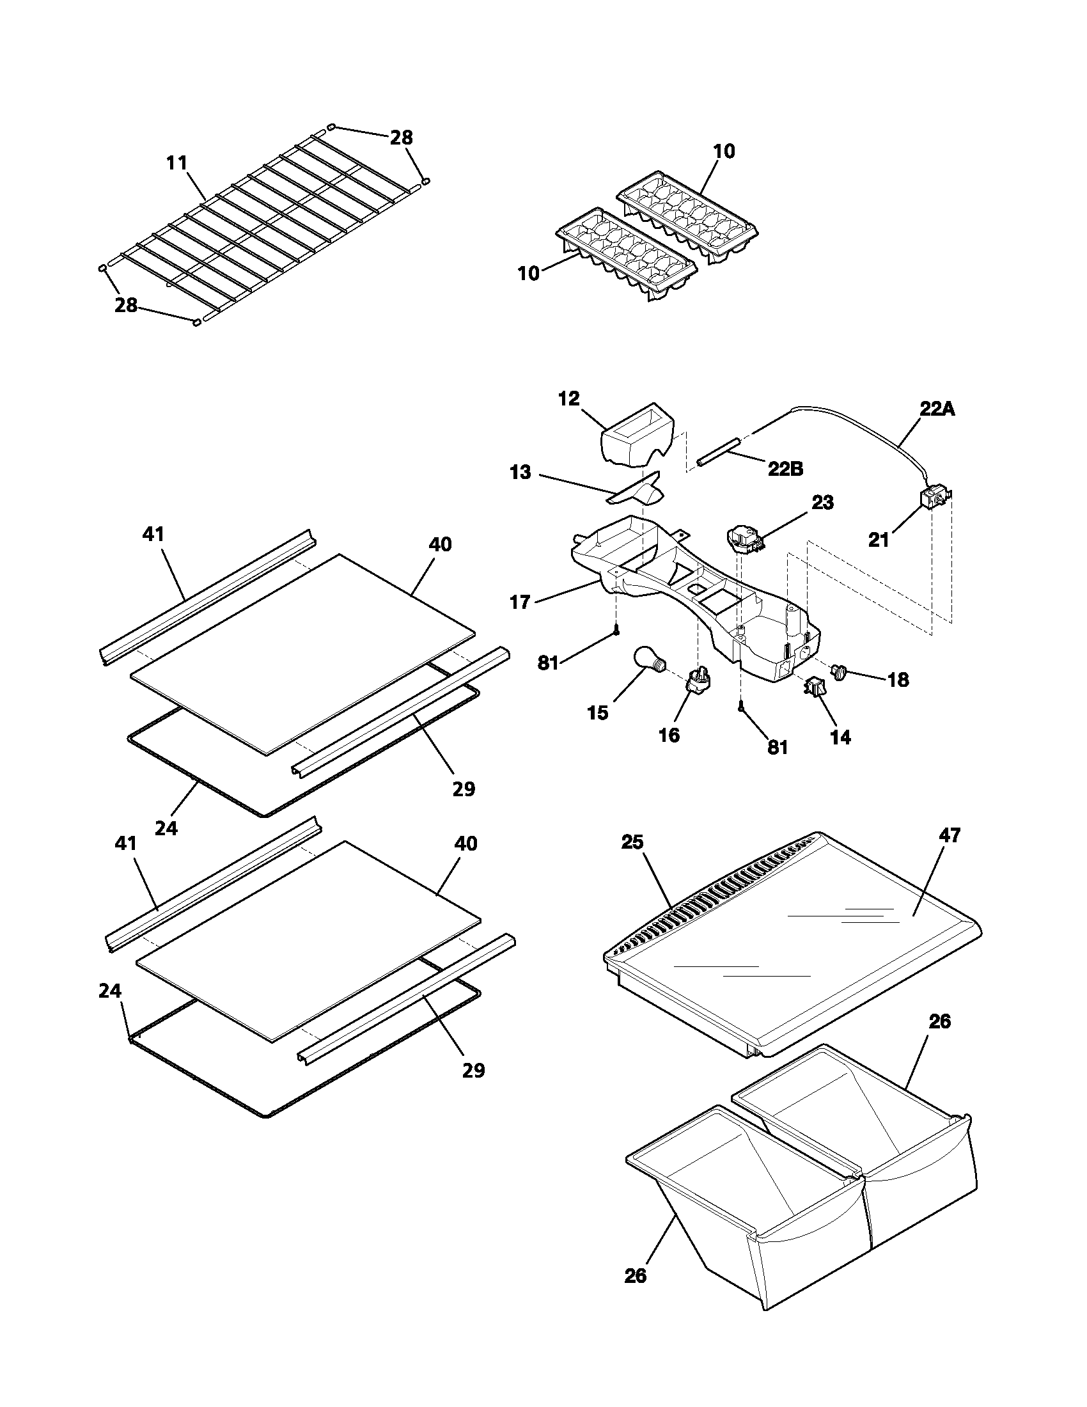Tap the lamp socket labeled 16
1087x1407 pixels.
point(698,680)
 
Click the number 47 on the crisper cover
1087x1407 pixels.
point(949,836)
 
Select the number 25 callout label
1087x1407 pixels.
point(632,842)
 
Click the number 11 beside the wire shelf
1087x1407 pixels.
point(176,163)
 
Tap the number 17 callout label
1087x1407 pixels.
point(520,602)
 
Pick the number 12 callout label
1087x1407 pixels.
point(568,399)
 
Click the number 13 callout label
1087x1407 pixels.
point(520,472)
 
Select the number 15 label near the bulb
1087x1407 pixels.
point(598,713)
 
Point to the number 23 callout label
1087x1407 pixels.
point(822,503)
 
